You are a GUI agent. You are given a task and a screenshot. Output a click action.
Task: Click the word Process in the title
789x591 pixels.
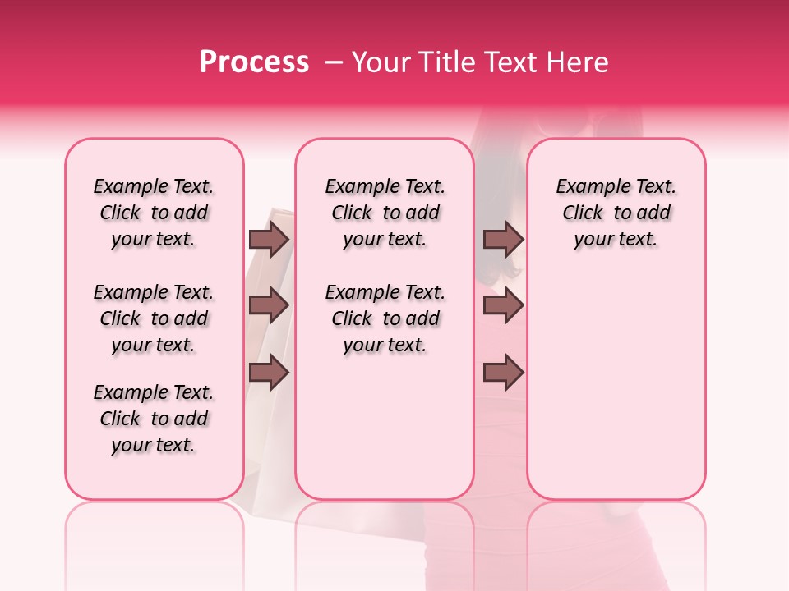(x=254, y=62)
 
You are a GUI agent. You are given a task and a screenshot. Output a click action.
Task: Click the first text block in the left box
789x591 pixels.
(x=154, y=213)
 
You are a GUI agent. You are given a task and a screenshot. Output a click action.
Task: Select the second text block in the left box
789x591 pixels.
(x=154, y=318)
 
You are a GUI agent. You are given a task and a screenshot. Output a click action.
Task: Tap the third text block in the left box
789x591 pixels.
(x=154, y=419)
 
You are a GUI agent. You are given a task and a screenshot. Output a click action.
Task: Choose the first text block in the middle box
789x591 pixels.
(x=385, y=213)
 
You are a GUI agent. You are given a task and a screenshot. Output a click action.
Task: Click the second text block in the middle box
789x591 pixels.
(x=385, y=318)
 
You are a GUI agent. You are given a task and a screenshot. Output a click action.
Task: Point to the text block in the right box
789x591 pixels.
(x=616, y=213)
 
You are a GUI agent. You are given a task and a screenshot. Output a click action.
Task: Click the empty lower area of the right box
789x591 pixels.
(x=616, y=394)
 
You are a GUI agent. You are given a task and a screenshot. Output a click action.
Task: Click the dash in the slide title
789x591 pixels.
(x=334, y=62)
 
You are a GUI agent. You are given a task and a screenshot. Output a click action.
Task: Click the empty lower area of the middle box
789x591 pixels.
(x=385, y=427)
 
